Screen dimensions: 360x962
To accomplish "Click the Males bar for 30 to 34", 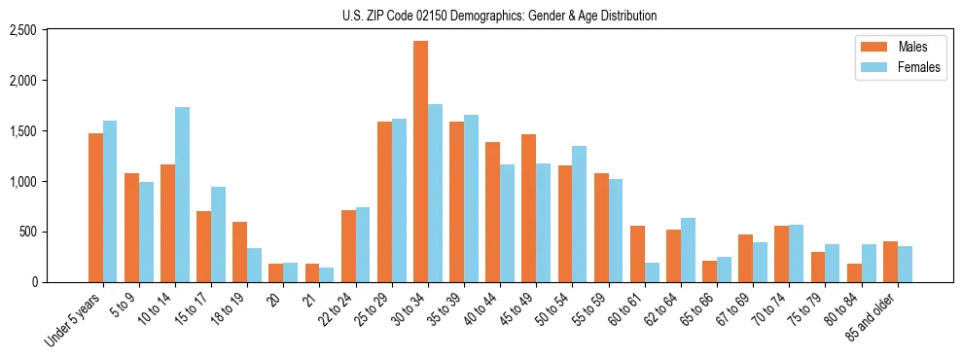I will [420, 162].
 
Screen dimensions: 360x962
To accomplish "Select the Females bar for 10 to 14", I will [182, 195].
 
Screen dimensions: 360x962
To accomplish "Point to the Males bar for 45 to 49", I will [528, 208].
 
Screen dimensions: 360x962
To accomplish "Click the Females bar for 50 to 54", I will [579, 214].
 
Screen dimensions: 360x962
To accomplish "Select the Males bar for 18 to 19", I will [240, 252].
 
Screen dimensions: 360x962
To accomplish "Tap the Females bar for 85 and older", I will [905, 264].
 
